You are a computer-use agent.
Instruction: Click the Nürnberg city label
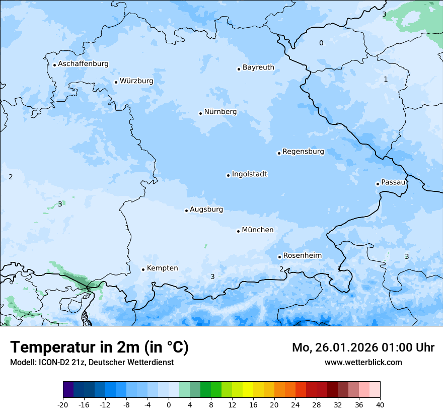[x=220, y=112]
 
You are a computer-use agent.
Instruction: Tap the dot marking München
[x=239, y=231]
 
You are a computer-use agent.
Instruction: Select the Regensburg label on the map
[x=303, y=152]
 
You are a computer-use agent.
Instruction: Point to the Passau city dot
[x=378, y=184]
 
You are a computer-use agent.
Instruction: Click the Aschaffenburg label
[x=83, y=64]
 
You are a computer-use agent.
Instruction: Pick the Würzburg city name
[x=136, y=81]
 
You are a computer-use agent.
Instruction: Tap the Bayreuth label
[x=258, y=67]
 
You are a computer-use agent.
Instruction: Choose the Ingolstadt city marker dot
[x=229, y=175]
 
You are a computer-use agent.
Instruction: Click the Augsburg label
[x=206, y=210]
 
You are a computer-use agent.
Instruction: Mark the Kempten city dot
[x=143, y=269]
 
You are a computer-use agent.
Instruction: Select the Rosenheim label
[x=302, y=256]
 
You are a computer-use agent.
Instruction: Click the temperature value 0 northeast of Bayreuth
[x=321, y=43]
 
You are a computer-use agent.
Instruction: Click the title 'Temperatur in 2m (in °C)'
[x=100, y=347]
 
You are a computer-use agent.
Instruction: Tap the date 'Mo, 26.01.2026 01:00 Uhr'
[x=363, y=347]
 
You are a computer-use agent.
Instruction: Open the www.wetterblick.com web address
[x=363, y=362]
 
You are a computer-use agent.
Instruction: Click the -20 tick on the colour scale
[x=63, y=405]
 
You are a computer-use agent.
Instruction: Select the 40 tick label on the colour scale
[x=380, y=405]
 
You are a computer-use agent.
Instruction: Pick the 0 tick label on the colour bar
[x=169, y=405]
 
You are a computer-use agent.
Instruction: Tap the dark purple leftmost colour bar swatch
[x=68, y=390]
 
